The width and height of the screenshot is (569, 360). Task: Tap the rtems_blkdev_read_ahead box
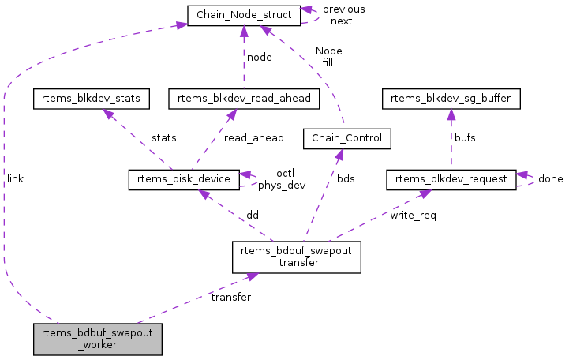click(x=244, y=99)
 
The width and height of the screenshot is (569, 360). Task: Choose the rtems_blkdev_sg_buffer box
click(x=450, y=99)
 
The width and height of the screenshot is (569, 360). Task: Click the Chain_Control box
click(x=347, y=139)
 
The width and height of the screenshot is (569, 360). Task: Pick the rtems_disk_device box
click(x=183, y=179)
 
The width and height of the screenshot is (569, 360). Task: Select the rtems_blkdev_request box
click(x=451, y=179)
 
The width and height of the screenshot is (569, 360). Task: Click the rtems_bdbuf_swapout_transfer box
click(x=296, y=257)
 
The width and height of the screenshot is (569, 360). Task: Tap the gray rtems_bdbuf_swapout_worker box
click(x=98, y=339)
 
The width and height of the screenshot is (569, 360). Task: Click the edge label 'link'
click(x=15, y=179)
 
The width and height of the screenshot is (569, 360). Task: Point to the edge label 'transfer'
click(x=230, y=298)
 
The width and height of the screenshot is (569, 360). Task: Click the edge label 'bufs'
click(x=464, y=138)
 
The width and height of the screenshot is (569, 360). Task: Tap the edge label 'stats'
click(x=164, y=138)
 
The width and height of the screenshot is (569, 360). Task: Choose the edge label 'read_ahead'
click(x=253, y=138)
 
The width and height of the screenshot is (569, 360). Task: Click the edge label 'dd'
click(x=253, y=215)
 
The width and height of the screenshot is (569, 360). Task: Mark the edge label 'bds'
click(x=346, y=179)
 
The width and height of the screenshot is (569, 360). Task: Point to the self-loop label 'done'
click(x=550, y=179)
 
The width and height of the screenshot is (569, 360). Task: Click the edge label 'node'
click(x=260, y=58)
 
